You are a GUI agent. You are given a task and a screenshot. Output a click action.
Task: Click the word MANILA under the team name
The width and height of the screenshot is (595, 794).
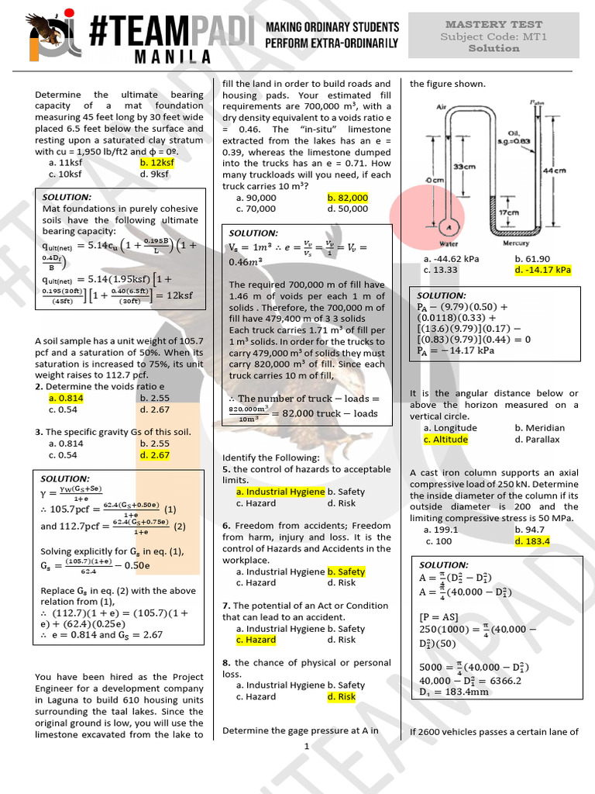[x=162, y=57]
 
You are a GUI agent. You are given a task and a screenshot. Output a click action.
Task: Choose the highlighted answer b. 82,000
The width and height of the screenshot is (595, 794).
[x=348, y=198]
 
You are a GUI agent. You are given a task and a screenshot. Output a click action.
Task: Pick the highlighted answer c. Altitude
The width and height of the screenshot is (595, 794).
[x=445, y=440]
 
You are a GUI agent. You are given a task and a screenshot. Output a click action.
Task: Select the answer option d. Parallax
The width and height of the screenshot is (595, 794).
[x=537, y=440]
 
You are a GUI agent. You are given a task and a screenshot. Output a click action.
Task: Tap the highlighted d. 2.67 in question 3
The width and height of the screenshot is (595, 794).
[x=154, y=455]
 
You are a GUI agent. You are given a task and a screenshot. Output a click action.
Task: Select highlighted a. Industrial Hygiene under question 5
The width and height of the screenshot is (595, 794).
[x=280, y=492]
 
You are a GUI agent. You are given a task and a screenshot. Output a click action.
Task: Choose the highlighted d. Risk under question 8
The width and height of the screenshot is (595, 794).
[x=342, y=696]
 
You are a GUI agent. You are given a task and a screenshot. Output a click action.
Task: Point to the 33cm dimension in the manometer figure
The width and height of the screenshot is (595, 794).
[x=464, y=167]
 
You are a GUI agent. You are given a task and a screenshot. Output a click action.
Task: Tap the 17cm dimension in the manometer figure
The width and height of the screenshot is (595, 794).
[x=508, y=212]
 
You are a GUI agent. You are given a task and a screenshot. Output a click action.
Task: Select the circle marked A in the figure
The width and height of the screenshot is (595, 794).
[x=447, y=226]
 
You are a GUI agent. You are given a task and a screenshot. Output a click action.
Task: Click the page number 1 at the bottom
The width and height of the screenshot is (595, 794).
[x=307, y=747]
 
